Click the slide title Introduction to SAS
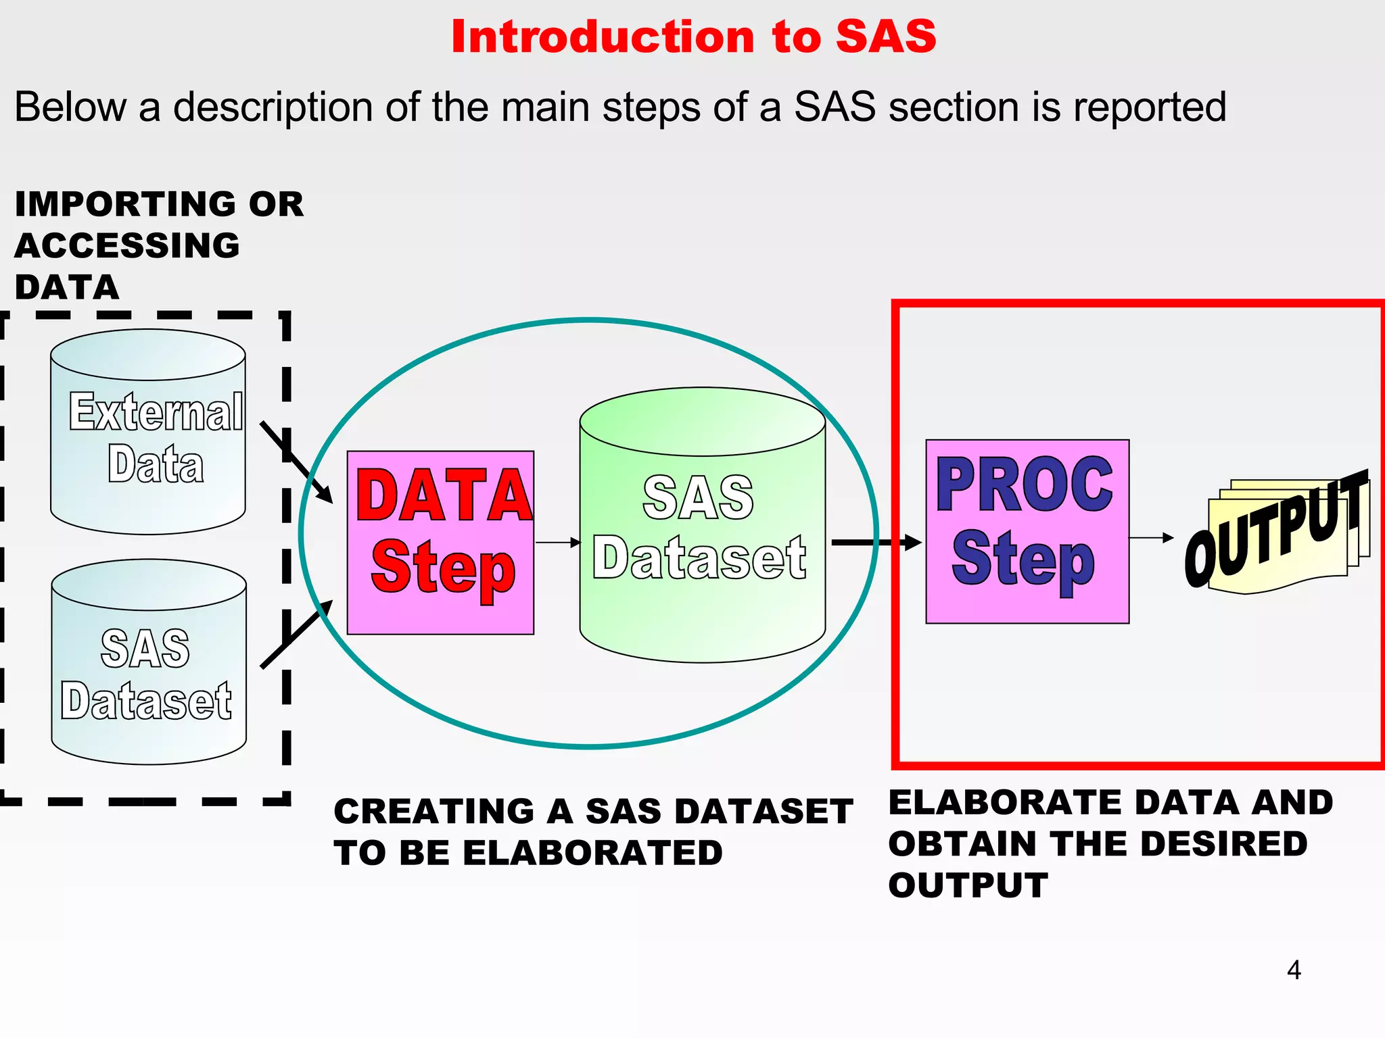tap(693, 36)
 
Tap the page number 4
tap(1294, 970)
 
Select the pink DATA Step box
tap(440, 543)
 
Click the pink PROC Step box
tap(1027, 531)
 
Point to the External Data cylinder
tap(147, 432)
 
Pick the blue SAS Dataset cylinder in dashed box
tap(149, 662)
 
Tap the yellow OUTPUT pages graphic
tap(1278, 534)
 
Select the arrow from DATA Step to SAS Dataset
tap(558, 542)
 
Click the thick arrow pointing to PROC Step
tap(876, 542)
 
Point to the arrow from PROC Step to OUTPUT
tap(1151, 538)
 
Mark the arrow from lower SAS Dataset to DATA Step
tap(296, 634)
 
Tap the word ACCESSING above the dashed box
tap(127, 245)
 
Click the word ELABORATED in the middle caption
tap(594, 853)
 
